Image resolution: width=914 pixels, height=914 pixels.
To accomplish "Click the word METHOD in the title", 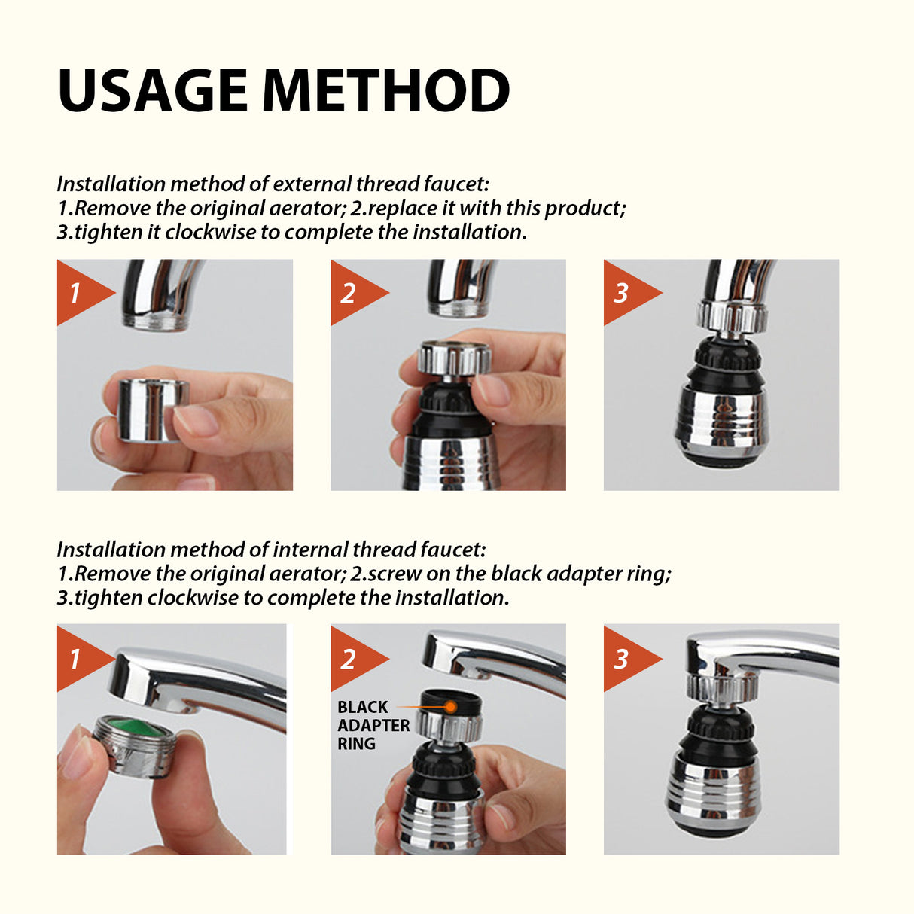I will click(x=385, y=91).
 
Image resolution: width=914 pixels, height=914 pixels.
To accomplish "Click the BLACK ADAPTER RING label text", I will click(x=373, y=725).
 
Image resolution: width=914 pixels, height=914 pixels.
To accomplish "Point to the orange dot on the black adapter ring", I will click(x=450, y=707).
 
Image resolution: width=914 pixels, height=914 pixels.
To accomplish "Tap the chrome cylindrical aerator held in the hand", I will click(x=151, y=410).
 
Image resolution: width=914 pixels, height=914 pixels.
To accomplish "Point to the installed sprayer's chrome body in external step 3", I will click(x=721, y=422).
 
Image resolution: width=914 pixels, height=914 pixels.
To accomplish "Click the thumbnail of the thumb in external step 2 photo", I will click(x=494, y=390).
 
